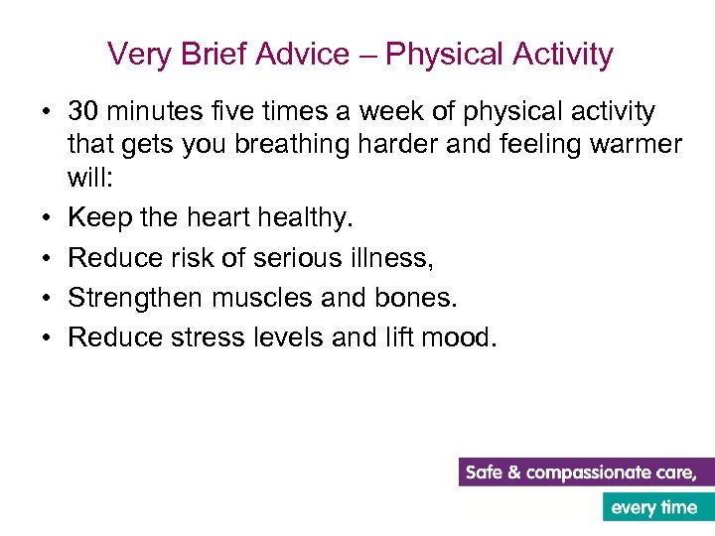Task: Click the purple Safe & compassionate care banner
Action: pos(586,472)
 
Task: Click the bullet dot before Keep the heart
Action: pos(46,215)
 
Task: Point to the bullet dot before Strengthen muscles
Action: pos(46,299)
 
